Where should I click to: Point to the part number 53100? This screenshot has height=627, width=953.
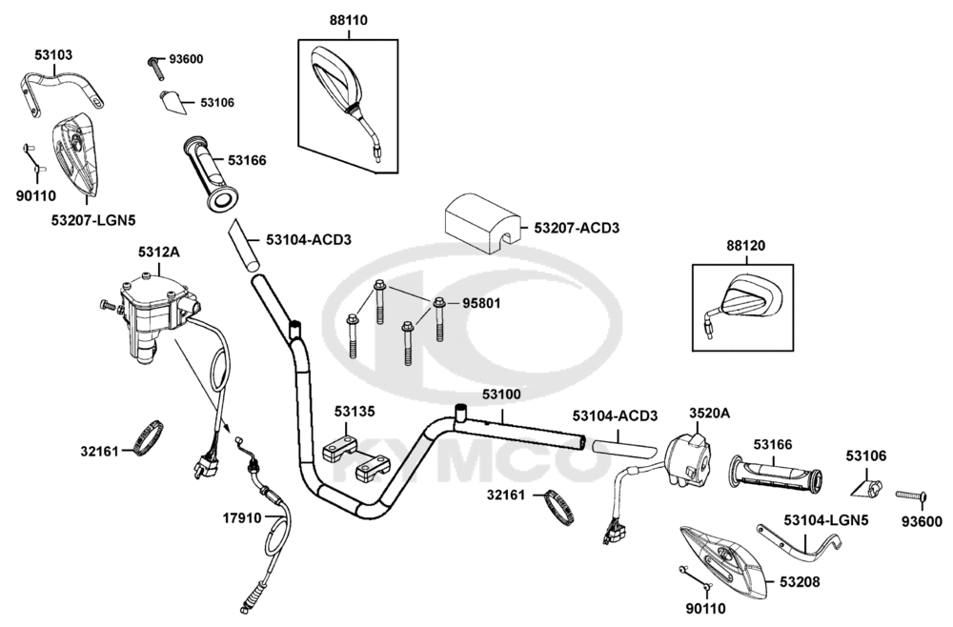[x=501, y=394]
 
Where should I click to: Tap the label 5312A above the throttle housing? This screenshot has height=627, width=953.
[x=157, y=253]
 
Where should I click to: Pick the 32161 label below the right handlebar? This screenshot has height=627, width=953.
[x=509, y=496]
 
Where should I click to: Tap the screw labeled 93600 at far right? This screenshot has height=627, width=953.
[x=910, y=496]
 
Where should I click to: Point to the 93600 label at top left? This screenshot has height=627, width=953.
[x=186, y=59]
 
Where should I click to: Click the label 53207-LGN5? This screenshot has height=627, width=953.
[x=93, y=220]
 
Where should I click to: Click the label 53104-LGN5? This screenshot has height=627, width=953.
[x=826, y=520]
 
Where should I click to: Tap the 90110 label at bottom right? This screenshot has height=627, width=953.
[x=705, y=607]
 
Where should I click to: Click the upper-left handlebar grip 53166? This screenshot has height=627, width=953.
[x=212, y=172]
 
